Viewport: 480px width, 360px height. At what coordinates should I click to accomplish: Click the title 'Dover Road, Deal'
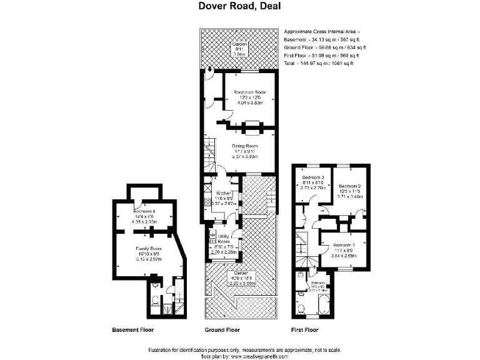240,7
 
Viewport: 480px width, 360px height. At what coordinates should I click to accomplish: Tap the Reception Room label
250,92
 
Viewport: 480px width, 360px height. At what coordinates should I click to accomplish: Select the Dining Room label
246,146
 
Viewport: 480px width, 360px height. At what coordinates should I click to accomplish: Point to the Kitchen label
221,193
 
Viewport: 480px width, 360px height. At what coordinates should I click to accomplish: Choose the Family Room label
149,249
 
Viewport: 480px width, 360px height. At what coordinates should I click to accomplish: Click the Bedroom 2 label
351,186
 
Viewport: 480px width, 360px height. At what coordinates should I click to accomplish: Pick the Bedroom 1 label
344,244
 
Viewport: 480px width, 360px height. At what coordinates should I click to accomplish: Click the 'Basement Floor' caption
132,329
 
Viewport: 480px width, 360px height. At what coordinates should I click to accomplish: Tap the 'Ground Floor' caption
222,329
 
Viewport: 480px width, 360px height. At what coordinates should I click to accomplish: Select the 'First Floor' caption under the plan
305,329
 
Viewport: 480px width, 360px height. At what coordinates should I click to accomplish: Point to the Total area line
319,64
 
